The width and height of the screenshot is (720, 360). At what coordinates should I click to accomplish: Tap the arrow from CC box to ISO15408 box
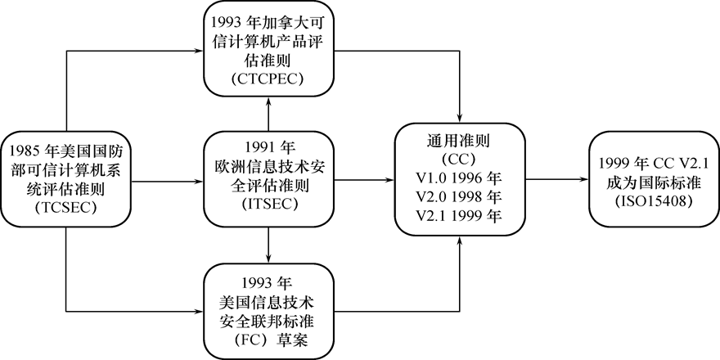[x=556, y=178]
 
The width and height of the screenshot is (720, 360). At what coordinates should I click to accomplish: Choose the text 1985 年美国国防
[x=65, y=151]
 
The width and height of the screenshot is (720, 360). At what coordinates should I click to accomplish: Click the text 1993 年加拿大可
[x=268, y=20]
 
